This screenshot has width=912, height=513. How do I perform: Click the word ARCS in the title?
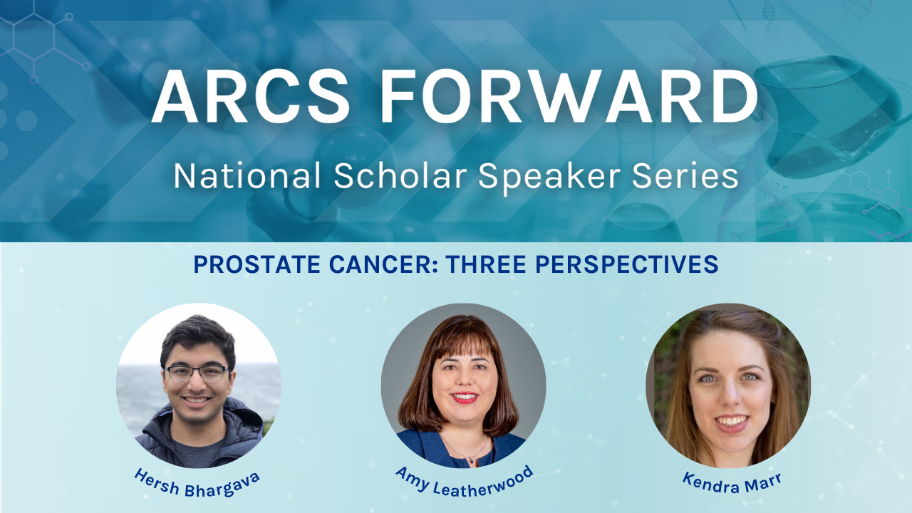click(x=250, y=98)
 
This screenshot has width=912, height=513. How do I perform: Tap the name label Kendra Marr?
click(x=732, y=480)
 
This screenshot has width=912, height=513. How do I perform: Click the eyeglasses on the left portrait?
click(x=197, y=373)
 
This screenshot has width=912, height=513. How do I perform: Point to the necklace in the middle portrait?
click(x=464, y=453)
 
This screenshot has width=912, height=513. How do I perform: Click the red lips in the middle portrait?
click(x=465, y=398)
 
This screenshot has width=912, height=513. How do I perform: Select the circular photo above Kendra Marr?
click(x=728, y=385)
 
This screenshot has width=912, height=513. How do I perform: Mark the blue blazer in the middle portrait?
click(x=427, y=447)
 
